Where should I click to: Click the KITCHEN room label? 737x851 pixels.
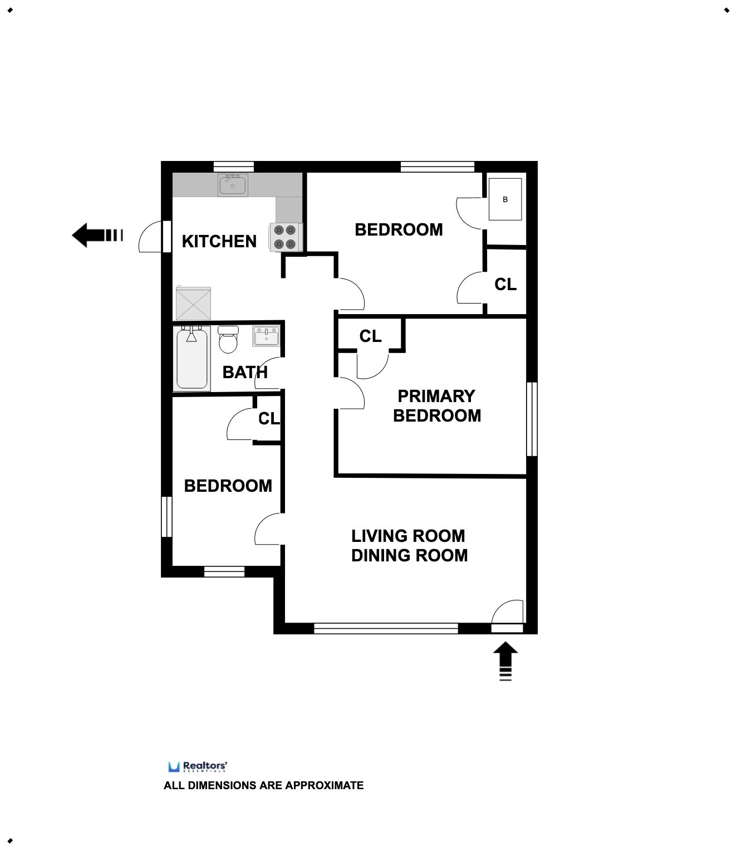(219, 241)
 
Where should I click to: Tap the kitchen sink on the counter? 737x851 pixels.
(233, 185)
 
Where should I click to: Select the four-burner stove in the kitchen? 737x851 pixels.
(285, 237)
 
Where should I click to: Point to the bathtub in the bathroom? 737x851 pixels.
(192, 359)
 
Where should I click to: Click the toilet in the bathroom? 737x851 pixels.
(228, 340)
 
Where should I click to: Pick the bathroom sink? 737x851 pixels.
(266, 336)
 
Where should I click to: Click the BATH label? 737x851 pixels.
(245, 372)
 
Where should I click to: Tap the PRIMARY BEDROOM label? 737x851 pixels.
(436, 405)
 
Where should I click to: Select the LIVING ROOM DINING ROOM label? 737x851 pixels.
(409, 545)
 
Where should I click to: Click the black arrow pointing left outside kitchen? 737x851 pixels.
(97, 235)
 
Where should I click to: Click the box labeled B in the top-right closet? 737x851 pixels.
(505, 199)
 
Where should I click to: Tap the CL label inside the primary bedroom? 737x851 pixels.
(370, 336)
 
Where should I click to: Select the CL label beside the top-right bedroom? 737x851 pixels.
(505, 285)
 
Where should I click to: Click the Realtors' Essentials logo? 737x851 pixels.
(198, 766)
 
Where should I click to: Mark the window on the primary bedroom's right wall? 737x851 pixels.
(532, 419)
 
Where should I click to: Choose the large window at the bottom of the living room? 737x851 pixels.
(386, 628)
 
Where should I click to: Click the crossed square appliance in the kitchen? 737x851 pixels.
(193, 303)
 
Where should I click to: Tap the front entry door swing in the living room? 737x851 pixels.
(508, 613)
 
